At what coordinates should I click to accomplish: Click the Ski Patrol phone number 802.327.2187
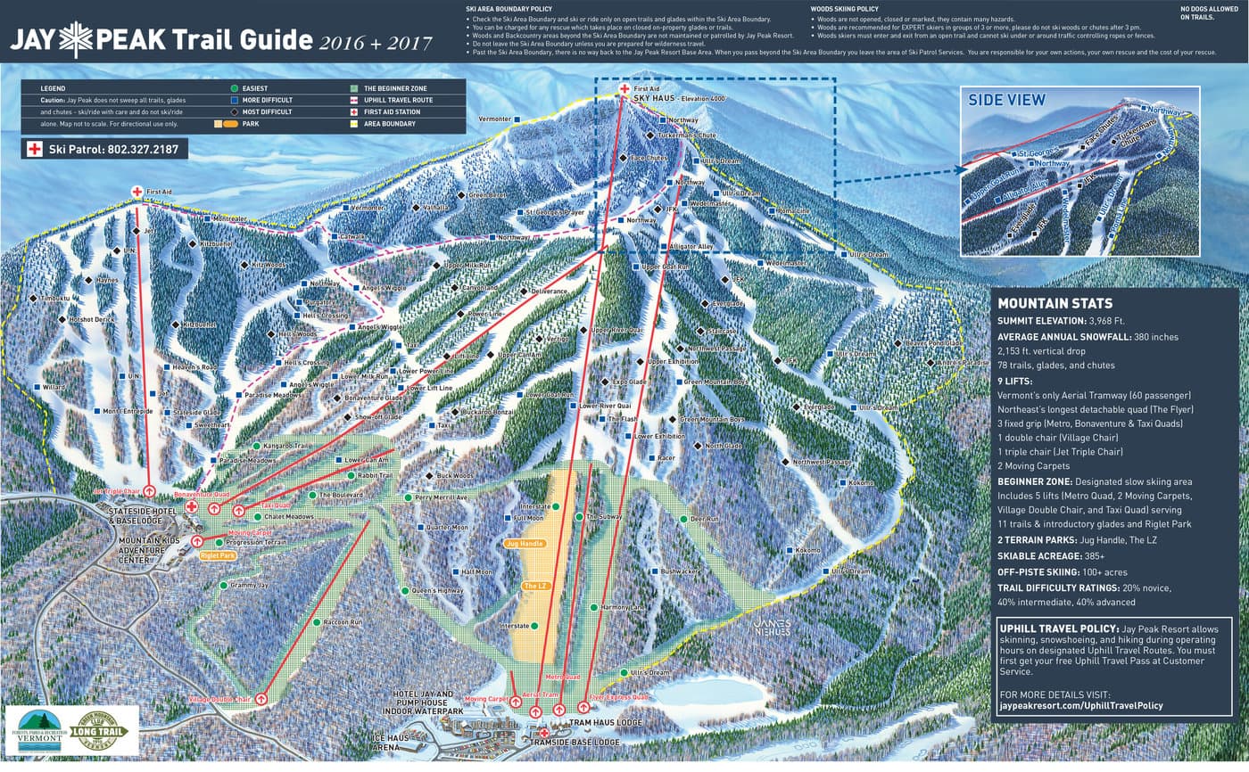tap(112, 149)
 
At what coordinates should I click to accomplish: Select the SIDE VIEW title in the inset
tap(1006, 100)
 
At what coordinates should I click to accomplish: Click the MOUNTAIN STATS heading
tap(1055, 303)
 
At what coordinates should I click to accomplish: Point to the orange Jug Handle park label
tap(524, 543)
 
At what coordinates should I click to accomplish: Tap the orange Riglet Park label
tap(218, 554)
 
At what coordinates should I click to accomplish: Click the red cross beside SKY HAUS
tap(624, 89)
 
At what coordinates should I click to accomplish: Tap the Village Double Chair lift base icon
tap(261, 700)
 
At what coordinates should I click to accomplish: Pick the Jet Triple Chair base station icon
tap(150, 491)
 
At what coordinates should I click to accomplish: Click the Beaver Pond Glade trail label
tap(933, 343)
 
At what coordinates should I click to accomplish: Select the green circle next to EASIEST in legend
tap(234, 88)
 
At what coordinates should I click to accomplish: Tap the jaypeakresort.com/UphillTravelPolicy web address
tap(1080, 705)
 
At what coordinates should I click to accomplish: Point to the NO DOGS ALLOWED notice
tap(1204, 12)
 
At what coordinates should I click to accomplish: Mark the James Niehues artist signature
tap(771, 627)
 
